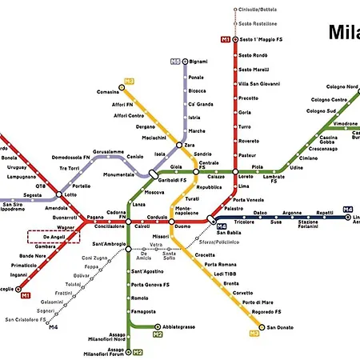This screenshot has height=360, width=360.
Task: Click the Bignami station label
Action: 198,62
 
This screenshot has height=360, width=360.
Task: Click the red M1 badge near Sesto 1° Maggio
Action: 225,39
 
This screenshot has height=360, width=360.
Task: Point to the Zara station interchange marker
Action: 190,146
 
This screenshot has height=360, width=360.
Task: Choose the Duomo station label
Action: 182,227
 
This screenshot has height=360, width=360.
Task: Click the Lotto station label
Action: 71,194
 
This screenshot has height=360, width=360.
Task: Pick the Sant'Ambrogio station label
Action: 108,243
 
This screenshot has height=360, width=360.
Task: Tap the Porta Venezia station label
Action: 248,199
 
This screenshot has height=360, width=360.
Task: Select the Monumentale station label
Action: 118,174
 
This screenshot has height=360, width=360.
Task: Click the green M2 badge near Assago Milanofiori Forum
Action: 138,352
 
